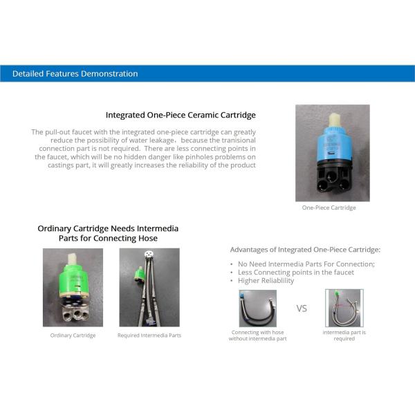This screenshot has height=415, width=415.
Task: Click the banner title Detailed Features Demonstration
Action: pos(75,73)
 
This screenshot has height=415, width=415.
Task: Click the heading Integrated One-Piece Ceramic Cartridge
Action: pos(181,115)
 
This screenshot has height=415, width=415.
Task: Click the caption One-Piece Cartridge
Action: pos(329,207)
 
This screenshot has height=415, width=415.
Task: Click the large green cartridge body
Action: pos(74,280)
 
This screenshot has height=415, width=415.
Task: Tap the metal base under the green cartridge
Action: pos(75,313)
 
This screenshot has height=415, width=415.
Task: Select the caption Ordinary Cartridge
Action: pos(73,335)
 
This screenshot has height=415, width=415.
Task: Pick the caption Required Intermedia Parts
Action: pos(149,335)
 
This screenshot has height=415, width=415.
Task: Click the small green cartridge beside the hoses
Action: pos(139,274)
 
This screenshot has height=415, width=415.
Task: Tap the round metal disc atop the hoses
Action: pos(149,254)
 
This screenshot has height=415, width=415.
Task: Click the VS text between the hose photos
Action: pos(302,308)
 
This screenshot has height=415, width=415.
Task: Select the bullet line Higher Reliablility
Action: pos(266,281)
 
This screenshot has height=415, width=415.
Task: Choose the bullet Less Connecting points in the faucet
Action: pos(295,273)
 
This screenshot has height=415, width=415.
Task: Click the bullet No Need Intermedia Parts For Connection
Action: pos(306,264)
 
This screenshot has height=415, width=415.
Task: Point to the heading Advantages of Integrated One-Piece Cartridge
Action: pos(305,250)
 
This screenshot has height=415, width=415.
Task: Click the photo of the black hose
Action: pos(258,308)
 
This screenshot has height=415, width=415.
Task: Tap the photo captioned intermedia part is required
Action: pos(344,308)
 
